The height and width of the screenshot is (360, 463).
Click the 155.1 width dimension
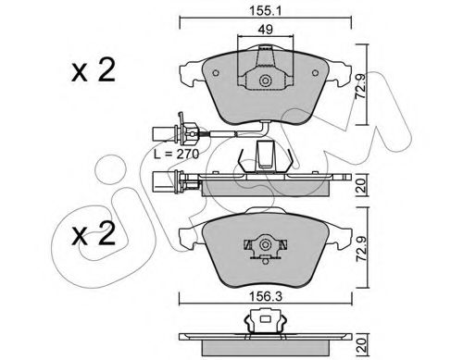[x=266, y=11]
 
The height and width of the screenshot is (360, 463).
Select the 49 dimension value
[x=266, y=30]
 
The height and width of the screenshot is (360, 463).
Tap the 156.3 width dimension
[x=266, y=297]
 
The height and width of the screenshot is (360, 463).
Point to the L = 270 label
[x=177, y=154]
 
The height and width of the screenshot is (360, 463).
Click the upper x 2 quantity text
[x=94, y=70]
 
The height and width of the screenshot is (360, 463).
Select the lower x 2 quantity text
[x=94, y=234]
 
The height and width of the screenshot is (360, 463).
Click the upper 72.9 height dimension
[x=360, y=86]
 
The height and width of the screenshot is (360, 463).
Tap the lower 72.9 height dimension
[x=360, y=249]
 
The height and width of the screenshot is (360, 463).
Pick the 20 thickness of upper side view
[x=361, y=185]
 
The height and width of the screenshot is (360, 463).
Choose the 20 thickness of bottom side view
[x=361, y=345]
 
